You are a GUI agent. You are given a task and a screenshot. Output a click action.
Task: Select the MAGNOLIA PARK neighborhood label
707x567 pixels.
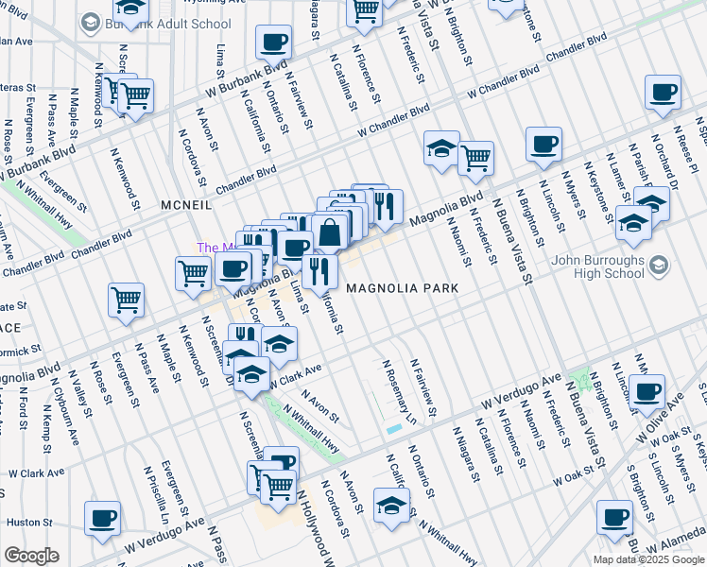402,287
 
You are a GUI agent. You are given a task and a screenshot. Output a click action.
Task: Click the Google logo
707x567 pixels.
31,556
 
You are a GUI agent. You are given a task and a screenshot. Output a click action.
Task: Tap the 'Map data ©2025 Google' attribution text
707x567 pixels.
648,559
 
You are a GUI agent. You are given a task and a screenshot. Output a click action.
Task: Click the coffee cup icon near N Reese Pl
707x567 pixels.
663,93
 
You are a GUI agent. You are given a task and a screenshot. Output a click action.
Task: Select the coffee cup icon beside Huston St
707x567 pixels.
102,518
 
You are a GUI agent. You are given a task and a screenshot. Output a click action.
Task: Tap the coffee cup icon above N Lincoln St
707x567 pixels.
543,144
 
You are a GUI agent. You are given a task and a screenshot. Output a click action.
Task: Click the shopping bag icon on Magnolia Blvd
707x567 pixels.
329,232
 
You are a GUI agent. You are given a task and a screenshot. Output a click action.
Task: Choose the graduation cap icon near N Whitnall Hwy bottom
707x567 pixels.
391,505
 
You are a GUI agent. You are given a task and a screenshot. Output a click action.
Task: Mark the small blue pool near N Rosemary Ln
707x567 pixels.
393,430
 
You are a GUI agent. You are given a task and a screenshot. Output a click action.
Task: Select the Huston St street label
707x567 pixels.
29,522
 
